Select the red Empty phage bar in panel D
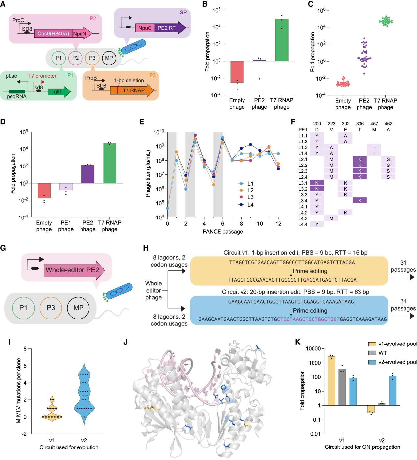(44, 191)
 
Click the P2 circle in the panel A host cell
(76, 58)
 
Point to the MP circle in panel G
(79, 308)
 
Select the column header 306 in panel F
(360, 124)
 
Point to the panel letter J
(125, 342)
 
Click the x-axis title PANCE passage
(223, 232)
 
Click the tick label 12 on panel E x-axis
(278, 224)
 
